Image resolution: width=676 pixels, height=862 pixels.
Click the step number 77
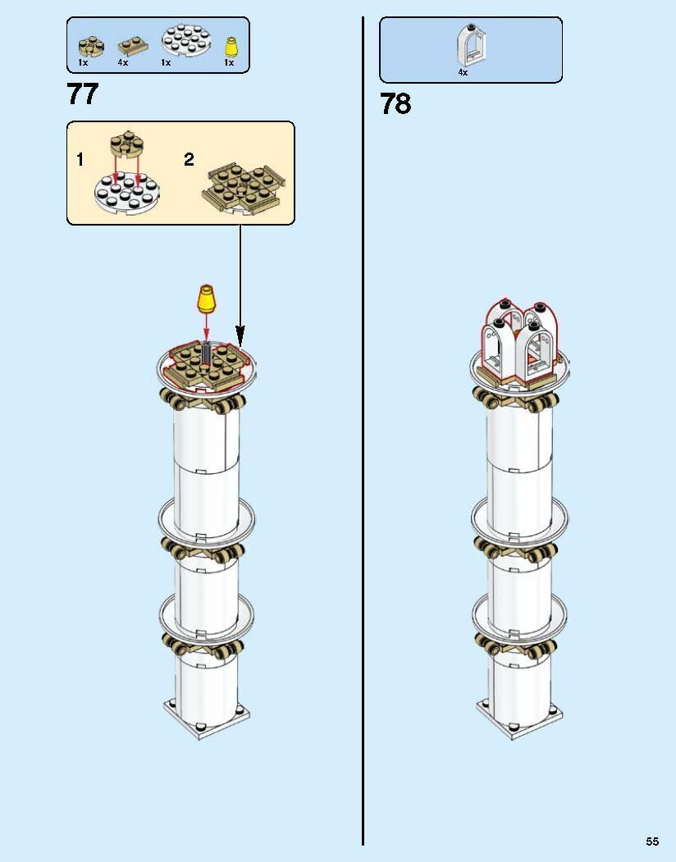[x=83, y=94]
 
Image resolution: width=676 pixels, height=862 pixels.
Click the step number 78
[x=395, y=104]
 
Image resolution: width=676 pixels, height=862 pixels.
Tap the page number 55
[x=652, y=841]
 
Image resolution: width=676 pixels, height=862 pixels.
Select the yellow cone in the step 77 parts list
[x=231, y=46]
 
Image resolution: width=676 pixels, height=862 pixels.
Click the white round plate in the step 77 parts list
[x=186, y=39]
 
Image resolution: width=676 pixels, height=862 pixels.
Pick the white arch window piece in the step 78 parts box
[x=470, y=45]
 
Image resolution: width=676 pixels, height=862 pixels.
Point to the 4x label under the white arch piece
[x=463, y=72]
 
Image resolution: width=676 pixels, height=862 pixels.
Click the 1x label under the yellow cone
[x=229, y=62]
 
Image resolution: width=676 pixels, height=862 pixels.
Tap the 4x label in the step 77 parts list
[x=123, y=62]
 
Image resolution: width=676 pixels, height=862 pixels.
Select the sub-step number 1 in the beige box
[x=80, y=159]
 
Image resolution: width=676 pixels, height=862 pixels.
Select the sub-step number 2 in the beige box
[x=189, y=159]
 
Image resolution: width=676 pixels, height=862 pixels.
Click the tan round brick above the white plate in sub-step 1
[x=126, y=145]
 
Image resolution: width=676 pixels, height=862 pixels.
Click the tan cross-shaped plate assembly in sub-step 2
[x=244, y=188]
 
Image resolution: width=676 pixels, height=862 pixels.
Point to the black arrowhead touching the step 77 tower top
[x=240, y=336]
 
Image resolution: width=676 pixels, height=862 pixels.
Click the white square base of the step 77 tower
[x=206, y=718]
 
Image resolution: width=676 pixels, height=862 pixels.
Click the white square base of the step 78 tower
[x=519, y=718]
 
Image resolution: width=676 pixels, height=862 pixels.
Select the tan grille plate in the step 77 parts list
[x=133, y=48]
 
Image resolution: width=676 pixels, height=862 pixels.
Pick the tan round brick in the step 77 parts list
[x=90, y=46]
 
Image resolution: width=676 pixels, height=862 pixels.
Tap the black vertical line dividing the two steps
[x=363, y=431]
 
